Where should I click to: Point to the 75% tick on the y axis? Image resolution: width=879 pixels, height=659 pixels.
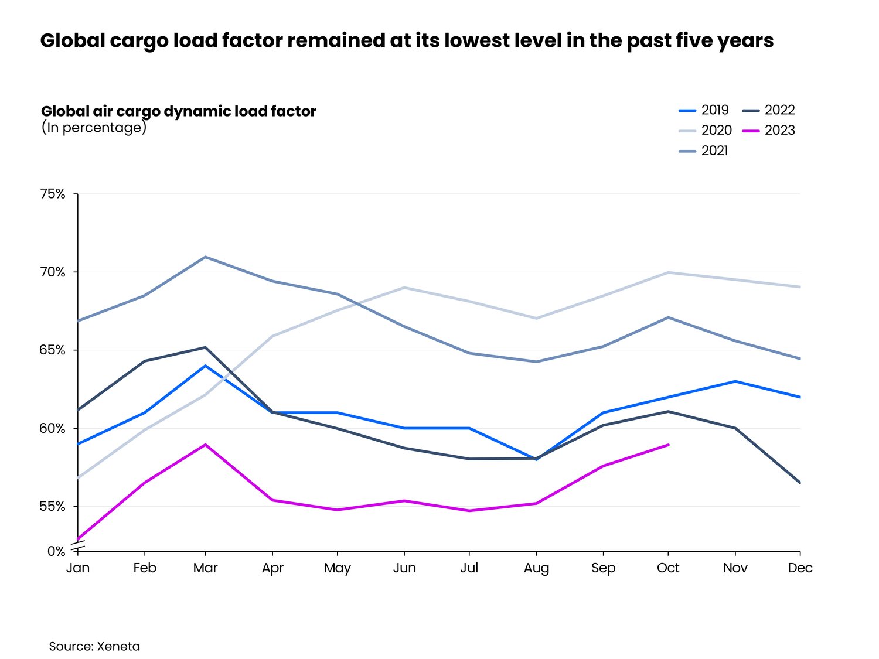pos(53,194)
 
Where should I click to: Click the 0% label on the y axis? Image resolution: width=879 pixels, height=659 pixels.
pos(56,551)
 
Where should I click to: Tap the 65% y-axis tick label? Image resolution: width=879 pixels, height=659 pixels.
pos(53,350)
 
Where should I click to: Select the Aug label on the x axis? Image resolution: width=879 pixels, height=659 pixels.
pos(536,568)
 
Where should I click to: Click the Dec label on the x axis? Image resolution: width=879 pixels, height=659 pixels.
pos(800,568)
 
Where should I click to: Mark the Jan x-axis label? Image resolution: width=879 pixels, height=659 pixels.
pos(78,568)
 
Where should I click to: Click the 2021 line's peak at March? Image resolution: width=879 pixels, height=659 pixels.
pos(205,257)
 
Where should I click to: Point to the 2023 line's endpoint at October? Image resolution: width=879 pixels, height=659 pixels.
pos(668,445)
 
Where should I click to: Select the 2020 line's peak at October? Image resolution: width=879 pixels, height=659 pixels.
pos(668,272)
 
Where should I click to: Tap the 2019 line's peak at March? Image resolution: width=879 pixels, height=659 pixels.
pos(205,366)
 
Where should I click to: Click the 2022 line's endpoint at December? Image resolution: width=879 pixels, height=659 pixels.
pos(800,483)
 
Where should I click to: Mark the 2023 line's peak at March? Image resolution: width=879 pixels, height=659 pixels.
pos(205,445)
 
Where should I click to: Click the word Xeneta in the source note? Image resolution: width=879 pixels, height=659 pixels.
pos(118,647)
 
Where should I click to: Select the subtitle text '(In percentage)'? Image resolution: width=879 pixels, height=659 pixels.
pos(94,128)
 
